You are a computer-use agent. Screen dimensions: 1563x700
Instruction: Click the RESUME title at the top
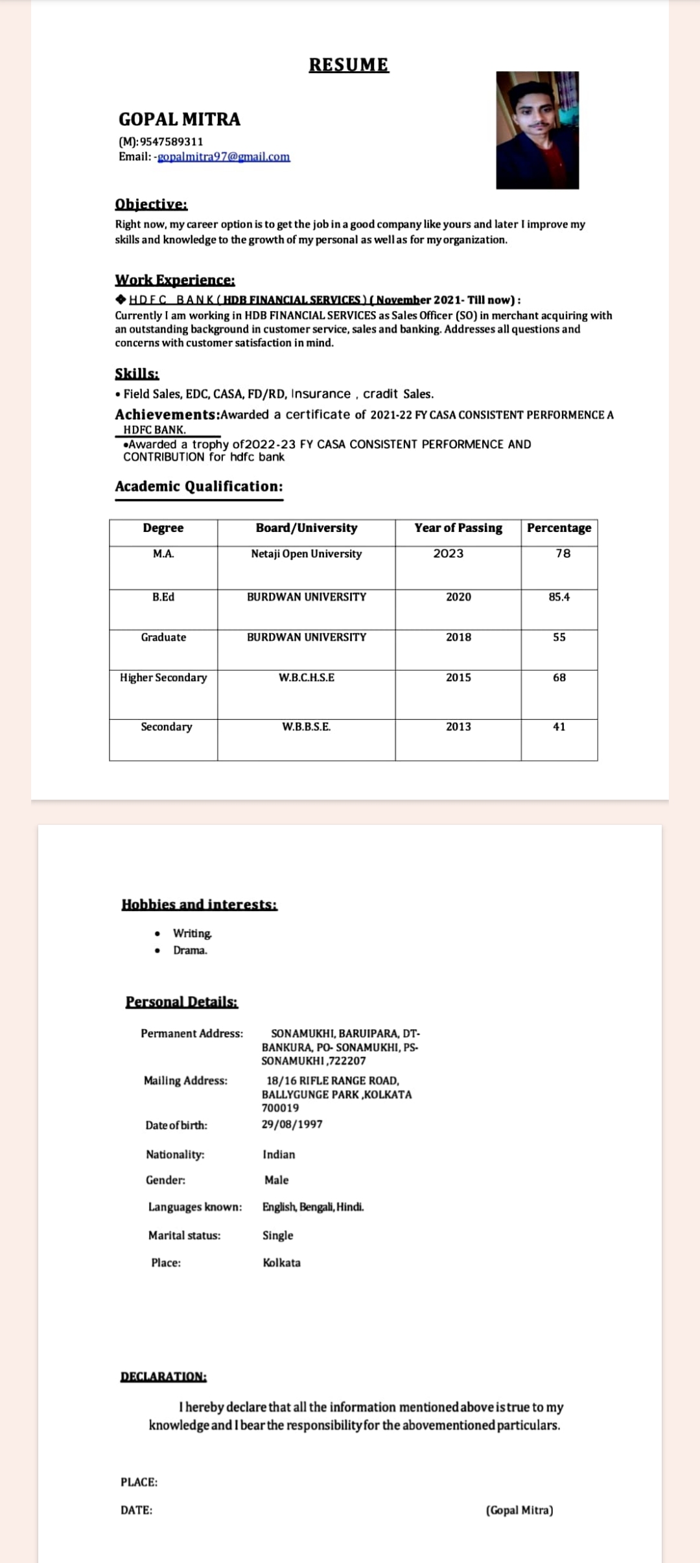pos(349,65)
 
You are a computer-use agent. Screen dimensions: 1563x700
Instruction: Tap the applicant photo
pos(537,130)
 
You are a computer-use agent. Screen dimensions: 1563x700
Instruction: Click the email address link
pos(224,157)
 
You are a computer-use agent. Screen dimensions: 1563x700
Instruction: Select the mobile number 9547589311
pos(172,141)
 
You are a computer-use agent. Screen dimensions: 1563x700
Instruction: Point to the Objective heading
pos(151,204)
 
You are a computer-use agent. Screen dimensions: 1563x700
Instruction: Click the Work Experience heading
pos(175,280)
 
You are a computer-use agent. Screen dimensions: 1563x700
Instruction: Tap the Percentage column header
pos(559,528)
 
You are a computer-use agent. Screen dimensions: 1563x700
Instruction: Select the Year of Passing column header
pos(458,528)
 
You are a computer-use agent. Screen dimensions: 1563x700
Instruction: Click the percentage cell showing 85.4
pos(559,597)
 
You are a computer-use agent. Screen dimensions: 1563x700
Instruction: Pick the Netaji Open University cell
pos(307,554)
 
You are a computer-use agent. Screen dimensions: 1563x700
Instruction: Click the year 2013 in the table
pos(458,727)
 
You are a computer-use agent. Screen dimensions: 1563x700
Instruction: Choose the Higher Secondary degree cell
pos(163,678)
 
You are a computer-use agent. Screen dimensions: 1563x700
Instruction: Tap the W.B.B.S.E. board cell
pos(307,727)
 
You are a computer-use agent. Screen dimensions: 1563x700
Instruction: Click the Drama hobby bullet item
pos(190,951)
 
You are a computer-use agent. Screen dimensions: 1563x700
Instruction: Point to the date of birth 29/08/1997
pos(292,1124)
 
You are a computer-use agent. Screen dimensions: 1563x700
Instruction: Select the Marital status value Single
pos(277,1235)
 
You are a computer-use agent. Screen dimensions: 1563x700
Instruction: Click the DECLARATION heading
pos(163,1376)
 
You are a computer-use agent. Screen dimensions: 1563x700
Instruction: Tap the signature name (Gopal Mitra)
pos(519,1511)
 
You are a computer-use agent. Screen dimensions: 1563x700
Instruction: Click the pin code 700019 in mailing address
pos(280,1108)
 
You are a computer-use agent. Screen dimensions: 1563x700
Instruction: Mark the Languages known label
pos(194,1207)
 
